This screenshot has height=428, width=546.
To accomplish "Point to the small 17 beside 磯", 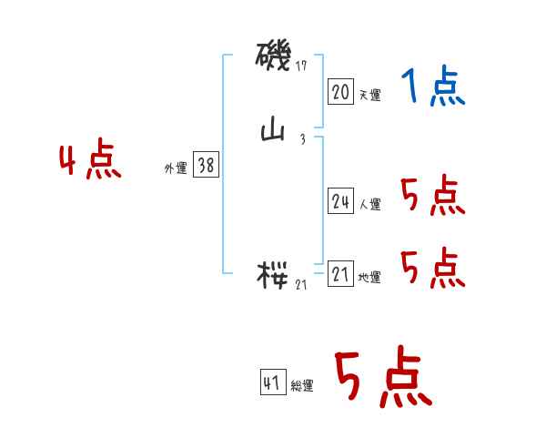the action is coord(302,66).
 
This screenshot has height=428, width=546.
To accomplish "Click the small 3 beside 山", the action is coord(301,139).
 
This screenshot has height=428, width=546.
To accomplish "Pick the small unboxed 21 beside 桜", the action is coord(302,284).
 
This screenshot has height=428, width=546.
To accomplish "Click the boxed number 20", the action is coord(340,92).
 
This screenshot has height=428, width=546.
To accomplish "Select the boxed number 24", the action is coord(340,202).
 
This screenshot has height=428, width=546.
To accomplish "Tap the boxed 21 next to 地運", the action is coord(340,275).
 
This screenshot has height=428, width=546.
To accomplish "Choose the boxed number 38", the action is coord(206,165).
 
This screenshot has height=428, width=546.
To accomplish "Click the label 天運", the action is coord(369,95).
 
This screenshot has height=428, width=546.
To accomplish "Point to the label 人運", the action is coord(369,205).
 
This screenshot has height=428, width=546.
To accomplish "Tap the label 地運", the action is coord(369,278).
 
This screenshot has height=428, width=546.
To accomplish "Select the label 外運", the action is coord(176,168).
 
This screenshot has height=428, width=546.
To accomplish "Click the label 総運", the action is coord(302,386).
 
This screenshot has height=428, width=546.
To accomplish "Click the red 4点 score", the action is coord(90,162).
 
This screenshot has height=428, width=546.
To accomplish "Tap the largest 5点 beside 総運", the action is coord(382,379).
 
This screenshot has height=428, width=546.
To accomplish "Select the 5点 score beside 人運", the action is coord(432,196).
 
